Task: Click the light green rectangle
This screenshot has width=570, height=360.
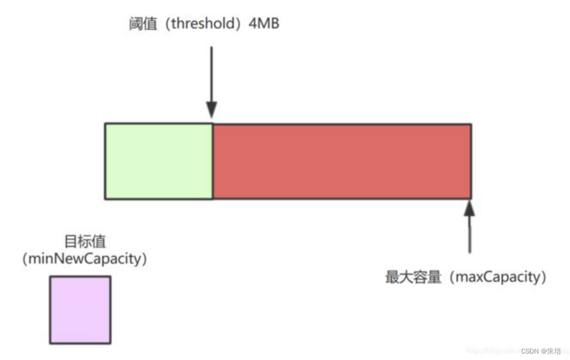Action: (x=158, y=161)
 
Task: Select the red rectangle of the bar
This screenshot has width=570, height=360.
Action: (x=342, y=161)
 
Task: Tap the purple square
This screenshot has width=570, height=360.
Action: (x=80, y=309)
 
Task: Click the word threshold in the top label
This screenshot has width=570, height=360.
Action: (x=195, y=24)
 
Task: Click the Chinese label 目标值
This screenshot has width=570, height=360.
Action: (x=84, y=242)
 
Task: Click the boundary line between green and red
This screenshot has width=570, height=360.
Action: (x=212, y=161)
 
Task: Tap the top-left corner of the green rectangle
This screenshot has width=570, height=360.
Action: (x=105, y=124)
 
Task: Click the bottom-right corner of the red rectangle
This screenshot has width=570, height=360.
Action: (x=470, y=199)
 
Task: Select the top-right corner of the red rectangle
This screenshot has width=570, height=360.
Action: (x=470, y=124)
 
